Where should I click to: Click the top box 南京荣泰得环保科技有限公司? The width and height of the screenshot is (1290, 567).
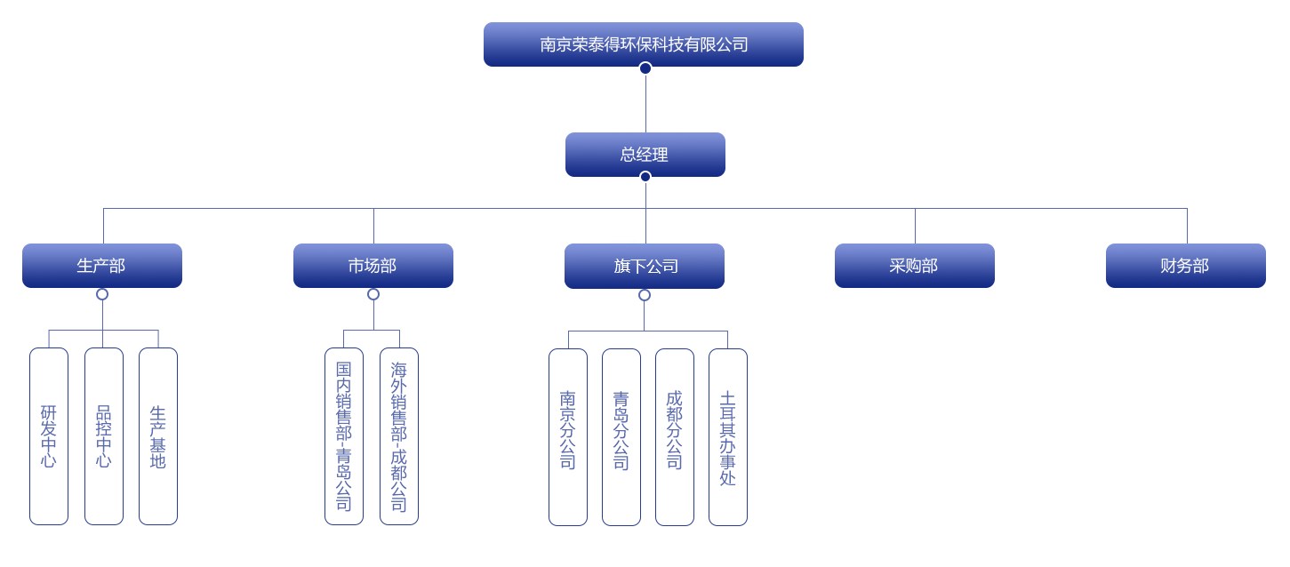644,44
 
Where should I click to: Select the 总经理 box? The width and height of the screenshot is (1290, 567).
645,155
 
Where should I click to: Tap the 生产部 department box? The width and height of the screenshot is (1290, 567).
102,266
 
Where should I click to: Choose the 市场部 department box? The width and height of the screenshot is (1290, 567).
373,266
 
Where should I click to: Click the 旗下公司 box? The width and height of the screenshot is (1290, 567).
645,266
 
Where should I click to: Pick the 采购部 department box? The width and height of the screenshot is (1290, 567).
915,266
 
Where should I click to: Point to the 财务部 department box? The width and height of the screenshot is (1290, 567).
1186,266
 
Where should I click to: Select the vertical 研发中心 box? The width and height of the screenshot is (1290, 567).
49,436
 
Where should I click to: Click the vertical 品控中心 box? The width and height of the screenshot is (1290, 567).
104,436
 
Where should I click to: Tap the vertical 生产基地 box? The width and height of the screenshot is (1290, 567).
158,436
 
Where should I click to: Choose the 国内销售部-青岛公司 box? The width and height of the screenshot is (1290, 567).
344,436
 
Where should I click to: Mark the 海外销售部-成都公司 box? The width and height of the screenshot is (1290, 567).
399,436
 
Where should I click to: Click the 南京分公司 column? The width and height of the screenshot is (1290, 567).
568,436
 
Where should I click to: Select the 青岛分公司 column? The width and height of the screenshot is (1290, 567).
621,436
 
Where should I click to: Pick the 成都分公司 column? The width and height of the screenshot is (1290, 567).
675,436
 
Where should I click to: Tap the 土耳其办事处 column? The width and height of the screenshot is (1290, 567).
728,436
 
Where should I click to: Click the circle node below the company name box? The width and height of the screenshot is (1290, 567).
645,68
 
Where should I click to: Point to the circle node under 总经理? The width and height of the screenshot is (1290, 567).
645,177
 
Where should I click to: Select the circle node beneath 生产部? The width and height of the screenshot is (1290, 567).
102,294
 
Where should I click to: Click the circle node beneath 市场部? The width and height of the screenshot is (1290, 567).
373,294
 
